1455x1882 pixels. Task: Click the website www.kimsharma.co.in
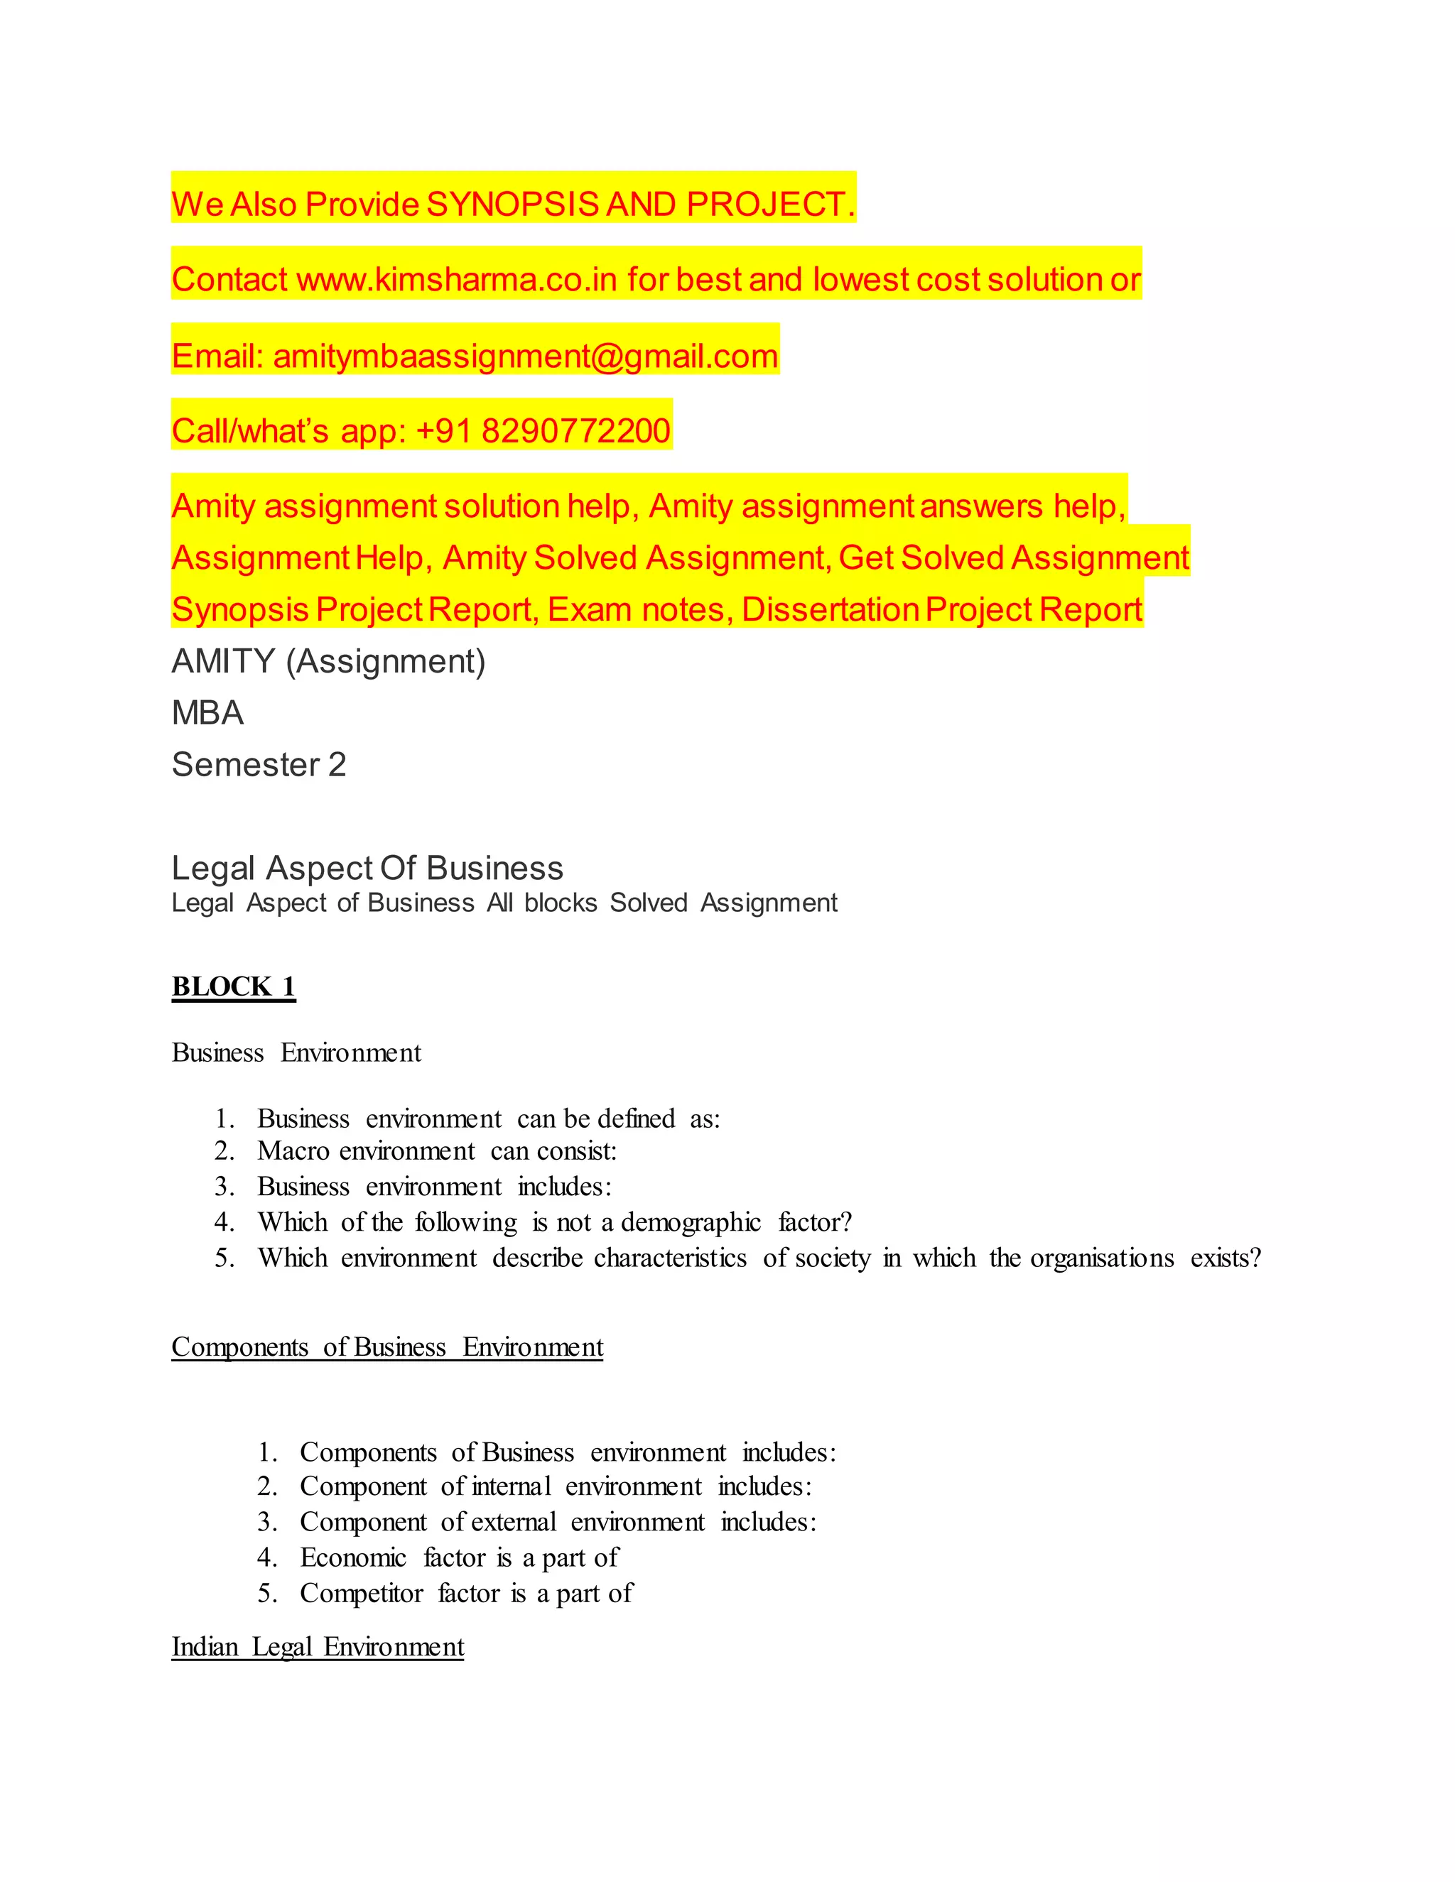(457, 280)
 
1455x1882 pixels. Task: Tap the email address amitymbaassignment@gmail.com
(525, 356)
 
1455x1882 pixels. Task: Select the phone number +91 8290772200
(543, 431)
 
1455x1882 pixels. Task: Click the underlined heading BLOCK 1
(234, 986)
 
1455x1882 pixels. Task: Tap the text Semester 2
(259, 764)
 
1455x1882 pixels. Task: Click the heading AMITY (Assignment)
(328, 661)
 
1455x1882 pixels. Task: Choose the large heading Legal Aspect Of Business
(367, 868)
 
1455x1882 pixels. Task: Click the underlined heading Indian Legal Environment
(317, 1647)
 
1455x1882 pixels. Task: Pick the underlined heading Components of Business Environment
(387, 1347)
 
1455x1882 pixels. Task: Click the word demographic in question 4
(691, 1223)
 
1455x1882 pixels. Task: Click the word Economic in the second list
(352, 1558)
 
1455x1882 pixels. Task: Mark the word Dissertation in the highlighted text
(830, 610)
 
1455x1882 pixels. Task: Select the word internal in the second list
(511, 1486)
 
